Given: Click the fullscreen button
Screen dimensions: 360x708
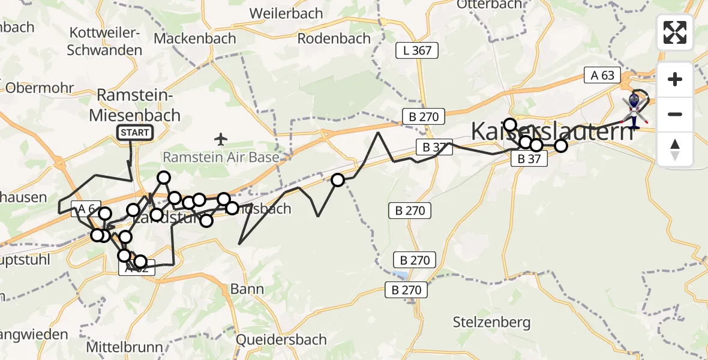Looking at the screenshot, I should click(x=674, y=32).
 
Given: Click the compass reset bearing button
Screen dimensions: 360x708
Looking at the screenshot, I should click(x=674, y=149).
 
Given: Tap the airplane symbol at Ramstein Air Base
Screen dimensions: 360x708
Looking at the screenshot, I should click(x=221, y=140).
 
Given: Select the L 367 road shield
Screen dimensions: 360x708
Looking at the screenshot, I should click(x=417, y=50).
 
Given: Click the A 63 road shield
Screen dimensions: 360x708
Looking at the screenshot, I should click(x=602, y=75).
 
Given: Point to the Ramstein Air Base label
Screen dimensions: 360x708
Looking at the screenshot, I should click(x=221, y=158).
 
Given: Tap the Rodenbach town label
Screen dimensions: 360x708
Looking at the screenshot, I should click(x=334, y=38).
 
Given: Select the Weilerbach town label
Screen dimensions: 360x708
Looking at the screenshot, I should click(x=286, y=13).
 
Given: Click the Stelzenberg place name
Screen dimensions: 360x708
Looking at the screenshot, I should click(x=492, y=322).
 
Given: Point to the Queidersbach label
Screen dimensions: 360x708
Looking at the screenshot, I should click(x=281, y=340).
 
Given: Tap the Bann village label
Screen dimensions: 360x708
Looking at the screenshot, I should click(x=247, y=289).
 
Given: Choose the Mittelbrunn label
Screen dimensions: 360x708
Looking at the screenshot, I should click(x=125, y=347).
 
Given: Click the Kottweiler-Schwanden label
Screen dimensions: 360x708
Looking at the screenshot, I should click(x=105, y=41).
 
